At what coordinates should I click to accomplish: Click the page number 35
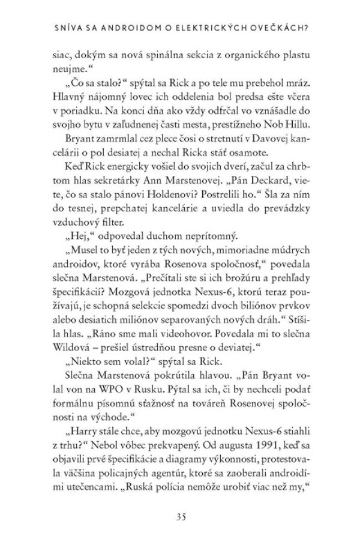(180, 516)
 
